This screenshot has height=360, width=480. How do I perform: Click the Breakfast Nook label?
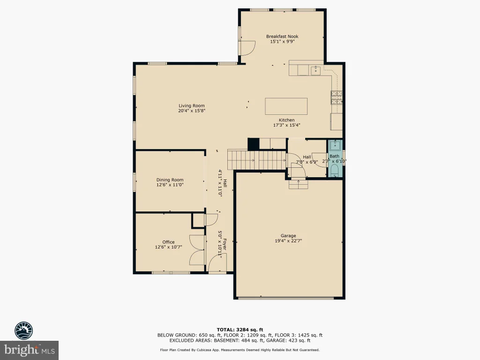click(x=282, y=37)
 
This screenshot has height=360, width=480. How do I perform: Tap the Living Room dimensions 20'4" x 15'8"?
click(x=192, y=111)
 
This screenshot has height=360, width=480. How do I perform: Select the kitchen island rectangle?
click(x=286, y=106)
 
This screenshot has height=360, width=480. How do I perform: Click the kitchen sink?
click(x=315, y=71)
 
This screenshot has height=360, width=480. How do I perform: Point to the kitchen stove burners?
click(x=336, y=98)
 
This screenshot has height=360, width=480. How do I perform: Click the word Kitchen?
click(x=286, y=120)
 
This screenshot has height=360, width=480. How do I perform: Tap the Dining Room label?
click(x=170, y=180)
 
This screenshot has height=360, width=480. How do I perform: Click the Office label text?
click(x=168, y=242)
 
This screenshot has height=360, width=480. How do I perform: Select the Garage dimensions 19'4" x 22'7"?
click(x=288, y=240)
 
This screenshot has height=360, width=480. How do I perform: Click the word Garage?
click(x=288, y=236)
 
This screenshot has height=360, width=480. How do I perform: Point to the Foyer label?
click(x=225, y=244)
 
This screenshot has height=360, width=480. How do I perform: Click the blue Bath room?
click(x=335, y=158)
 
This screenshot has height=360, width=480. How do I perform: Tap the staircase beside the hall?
click(x=257, y=159)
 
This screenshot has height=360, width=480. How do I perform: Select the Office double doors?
click(x=197, y=250)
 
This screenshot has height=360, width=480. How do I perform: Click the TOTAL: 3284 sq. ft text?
click(x=240, y=330)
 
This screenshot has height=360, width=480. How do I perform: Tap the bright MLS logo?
click(x=30, y=350)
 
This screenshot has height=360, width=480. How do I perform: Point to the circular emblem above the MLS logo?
click(x=24, y=330)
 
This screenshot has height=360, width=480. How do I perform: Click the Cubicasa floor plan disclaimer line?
click(x=240, y=350)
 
